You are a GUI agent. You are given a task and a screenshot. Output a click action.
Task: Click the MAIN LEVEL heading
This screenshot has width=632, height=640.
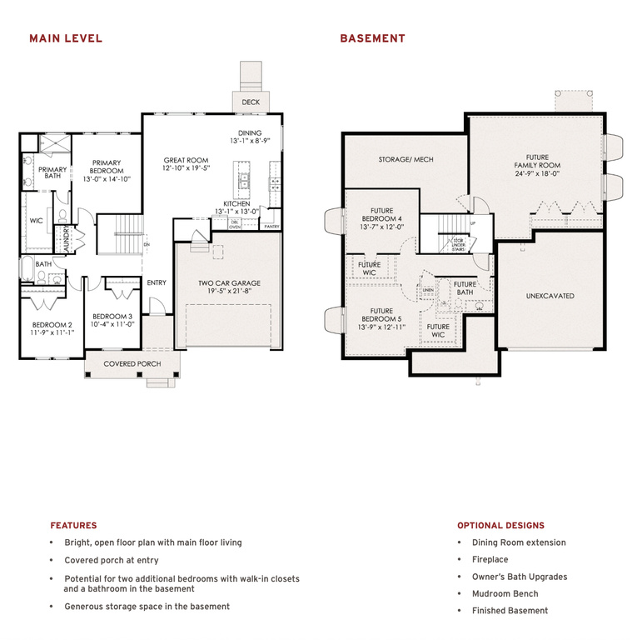click(66, 38)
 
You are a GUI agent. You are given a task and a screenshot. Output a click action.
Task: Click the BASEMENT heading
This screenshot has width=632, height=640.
click(372, 38)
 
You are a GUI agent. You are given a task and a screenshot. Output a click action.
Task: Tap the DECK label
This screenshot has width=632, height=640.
click(251, 102)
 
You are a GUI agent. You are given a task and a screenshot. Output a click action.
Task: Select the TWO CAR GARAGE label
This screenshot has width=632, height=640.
click(228, 283)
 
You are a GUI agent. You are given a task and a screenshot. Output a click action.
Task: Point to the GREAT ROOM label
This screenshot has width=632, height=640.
click(186, 160)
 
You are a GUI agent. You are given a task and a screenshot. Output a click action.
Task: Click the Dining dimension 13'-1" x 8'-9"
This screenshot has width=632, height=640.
click(250, 142)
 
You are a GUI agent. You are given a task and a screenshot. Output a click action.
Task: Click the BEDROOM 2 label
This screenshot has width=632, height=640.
click(52, 325)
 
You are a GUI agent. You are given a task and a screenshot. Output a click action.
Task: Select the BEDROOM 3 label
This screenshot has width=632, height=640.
click(112, 317)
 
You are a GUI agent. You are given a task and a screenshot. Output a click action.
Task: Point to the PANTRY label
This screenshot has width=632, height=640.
click(271, 226)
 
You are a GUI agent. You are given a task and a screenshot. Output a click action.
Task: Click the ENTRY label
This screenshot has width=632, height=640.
click(157, 282)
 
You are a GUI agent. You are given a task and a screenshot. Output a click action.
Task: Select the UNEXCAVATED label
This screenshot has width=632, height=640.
click(550, 296)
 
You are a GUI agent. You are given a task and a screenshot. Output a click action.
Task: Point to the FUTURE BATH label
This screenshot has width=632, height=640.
click(465, 288)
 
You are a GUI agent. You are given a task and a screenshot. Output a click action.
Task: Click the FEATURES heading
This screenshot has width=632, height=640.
click(73, 526)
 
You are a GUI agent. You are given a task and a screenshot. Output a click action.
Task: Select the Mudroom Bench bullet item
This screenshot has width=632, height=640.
click(505, 593)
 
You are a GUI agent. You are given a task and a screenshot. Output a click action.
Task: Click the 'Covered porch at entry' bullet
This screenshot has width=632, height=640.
click(111, 560)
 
